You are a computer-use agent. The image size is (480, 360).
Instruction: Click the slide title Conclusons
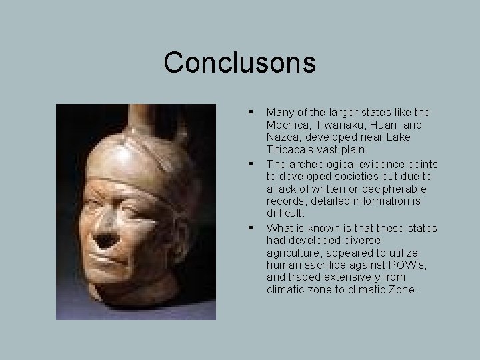[239, 63]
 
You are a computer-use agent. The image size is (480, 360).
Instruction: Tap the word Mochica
[288, 125]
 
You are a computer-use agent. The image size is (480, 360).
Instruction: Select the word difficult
[285, 214]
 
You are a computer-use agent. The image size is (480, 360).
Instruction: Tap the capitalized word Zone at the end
[403, 291]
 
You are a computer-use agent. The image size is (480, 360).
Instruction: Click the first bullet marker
[251, 112]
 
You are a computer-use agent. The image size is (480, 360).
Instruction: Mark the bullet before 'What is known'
[251, 227]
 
